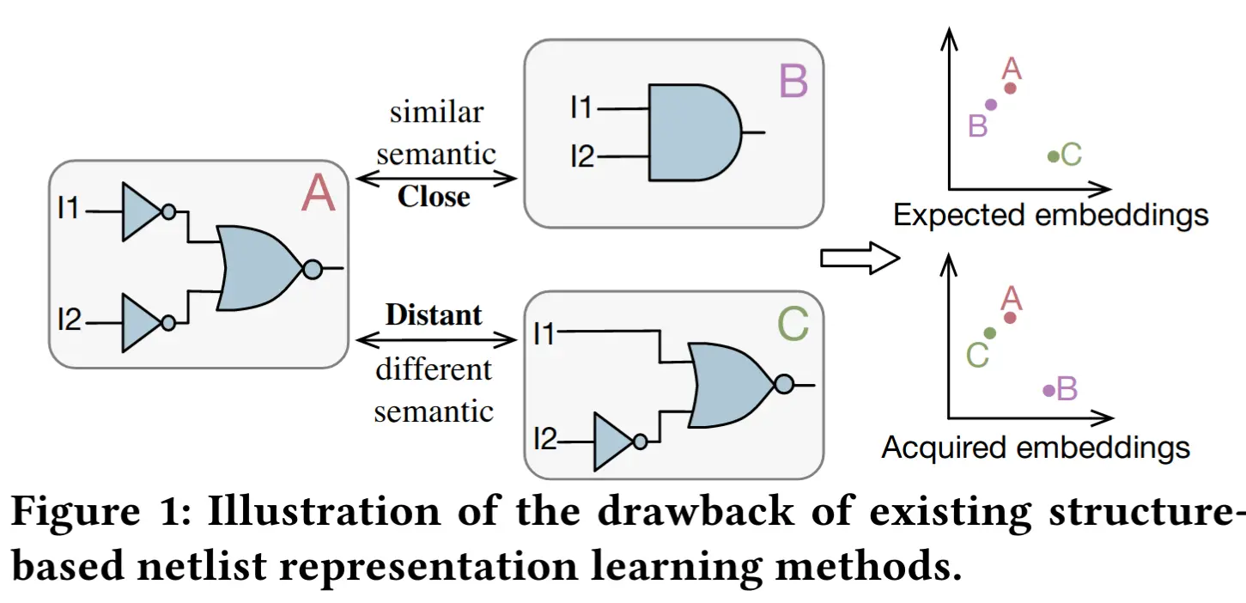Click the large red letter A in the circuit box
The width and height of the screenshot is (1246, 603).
319,192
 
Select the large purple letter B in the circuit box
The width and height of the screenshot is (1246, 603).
793,82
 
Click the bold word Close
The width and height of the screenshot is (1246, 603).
434,197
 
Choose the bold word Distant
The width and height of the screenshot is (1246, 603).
434,315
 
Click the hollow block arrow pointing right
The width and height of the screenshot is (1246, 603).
860,258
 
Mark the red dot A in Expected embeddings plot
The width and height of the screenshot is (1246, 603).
1011,88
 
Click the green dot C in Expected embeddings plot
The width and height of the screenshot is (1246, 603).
1053,156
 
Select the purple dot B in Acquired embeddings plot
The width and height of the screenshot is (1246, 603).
1049,391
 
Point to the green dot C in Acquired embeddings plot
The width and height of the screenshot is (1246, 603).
989,333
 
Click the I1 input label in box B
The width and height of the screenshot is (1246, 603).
581,107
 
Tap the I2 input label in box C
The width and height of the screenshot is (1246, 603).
545,440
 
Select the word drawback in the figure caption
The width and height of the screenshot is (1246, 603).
696,510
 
